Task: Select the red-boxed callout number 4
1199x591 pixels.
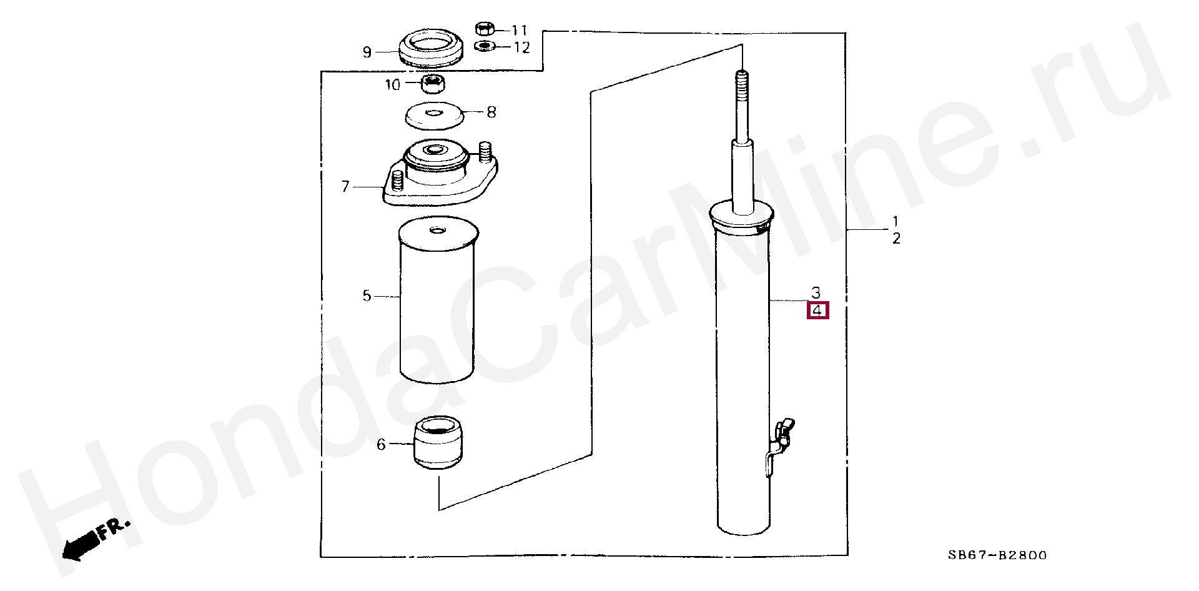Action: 817,310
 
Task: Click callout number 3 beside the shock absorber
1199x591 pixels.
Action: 816,292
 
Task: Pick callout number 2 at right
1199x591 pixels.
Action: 896,238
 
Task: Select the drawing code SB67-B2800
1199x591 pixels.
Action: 997,555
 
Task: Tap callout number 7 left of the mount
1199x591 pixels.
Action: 345,186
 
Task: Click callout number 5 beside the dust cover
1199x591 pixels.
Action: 367,295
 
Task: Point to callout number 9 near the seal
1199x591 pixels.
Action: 367,52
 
